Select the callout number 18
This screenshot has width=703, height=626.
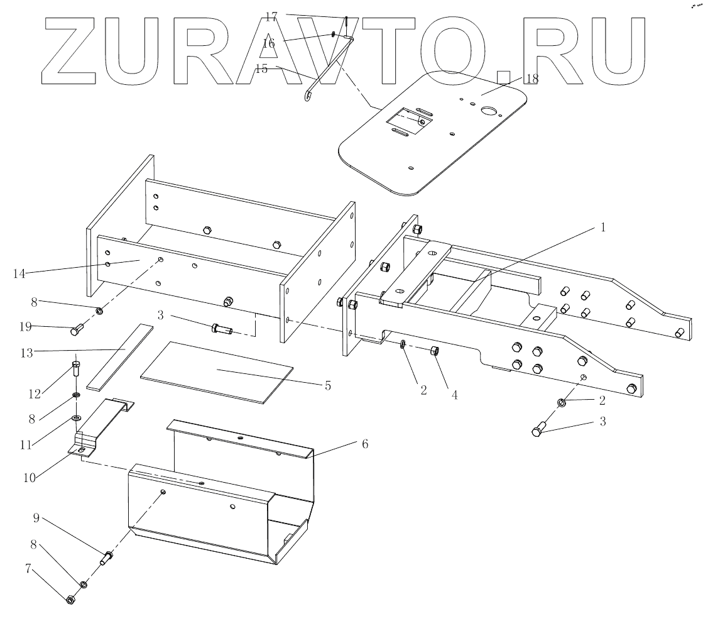coord(532,79)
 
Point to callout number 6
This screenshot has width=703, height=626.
coord(365,444)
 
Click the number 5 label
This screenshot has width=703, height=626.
coord(327,385)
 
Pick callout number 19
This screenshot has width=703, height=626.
coord(25,327)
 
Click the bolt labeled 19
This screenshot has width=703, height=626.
coord(78,328)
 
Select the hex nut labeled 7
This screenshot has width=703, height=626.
coord(70,600)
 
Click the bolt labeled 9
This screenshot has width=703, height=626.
coord(106,556)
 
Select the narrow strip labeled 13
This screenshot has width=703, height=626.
coord(119,356)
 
